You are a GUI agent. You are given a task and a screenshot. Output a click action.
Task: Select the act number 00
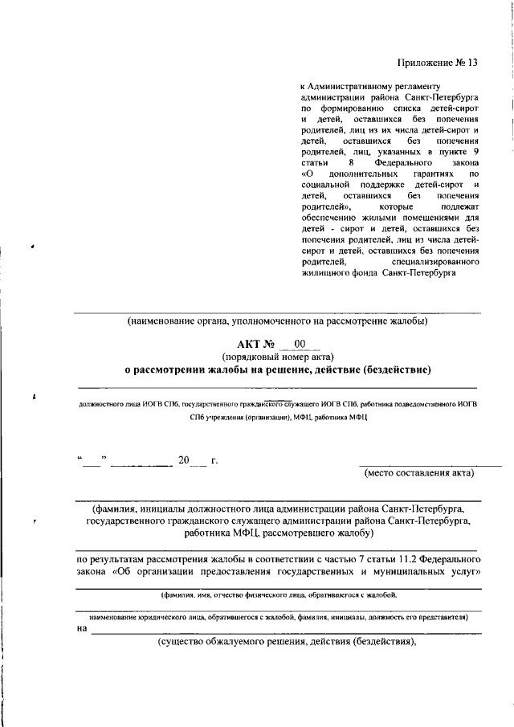tap(300, 344)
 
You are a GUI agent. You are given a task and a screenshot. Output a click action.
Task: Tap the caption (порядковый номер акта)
tap(278, 357)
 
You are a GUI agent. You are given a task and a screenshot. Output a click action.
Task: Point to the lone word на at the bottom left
tap(81, 629)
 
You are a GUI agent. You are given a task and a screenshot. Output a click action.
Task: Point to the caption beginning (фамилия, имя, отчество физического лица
tap(277, 595)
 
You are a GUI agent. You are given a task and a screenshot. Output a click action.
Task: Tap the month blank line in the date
tap(141, 464)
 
